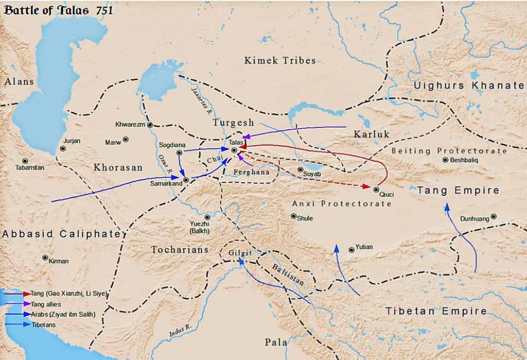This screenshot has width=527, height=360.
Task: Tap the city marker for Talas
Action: pos(234,150)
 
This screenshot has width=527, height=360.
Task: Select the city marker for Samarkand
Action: pos(186,179)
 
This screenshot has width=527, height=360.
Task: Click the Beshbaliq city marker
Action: pos(445,160)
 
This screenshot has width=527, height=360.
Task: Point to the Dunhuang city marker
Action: pos(494,217)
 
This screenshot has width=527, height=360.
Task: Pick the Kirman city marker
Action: pos(45,258)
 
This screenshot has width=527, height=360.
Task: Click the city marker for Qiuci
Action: pos(376,190)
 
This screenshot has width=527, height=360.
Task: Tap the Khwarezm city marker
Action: pos(150,125)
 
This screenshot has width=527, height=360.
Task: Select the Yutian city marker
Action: pos(352,250)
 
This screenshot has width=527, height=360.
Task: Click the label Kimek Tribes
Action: pos(280,61)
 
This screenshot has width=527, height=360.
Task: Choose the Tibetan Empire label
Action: pos(436,311)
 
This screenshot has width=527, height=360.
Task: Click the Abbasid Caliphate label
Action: pos(63,234)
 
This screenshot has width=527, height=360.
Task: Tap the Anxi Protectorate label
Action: pos(342,203)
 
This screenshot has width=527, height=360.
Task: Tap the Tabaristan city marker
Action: pos(25,161)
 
